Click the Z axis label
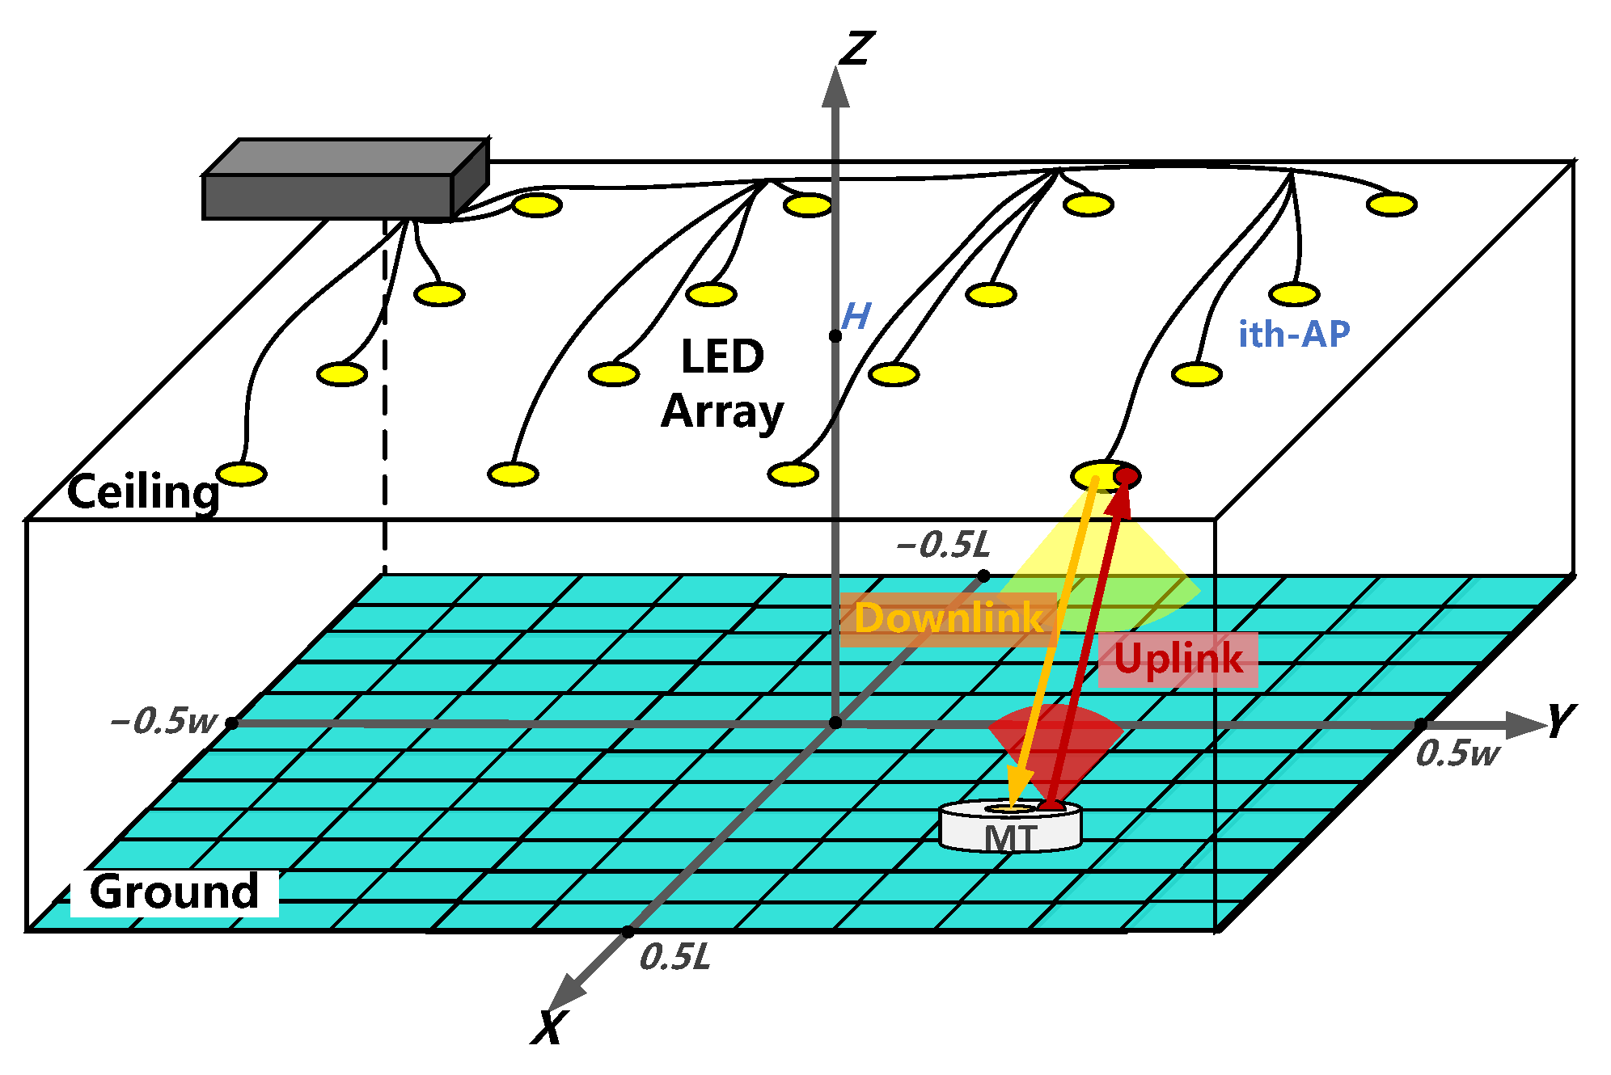(x=856, y=48)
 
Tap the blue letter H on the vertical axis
(x=856, y=316)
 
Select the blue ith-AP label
(x=1294, y=334)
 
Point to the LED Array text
(x=722, y=384)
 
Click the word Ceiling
(x=143, y=491)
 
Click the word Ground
(x=175, y=892)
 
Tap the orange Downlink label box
(x=948, y=619)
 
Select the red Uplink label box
(x=1178, y=659)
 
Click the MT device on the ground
(x=1010, y=828)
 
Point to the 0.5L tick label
(x=674, y=958)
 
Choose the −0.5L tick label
(x=943, y=545)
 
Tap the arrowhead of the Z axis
(x=835, y=86)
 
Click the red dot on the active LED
(x=1125, y=477)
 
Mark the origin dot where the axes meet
(x=835, y=722)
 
